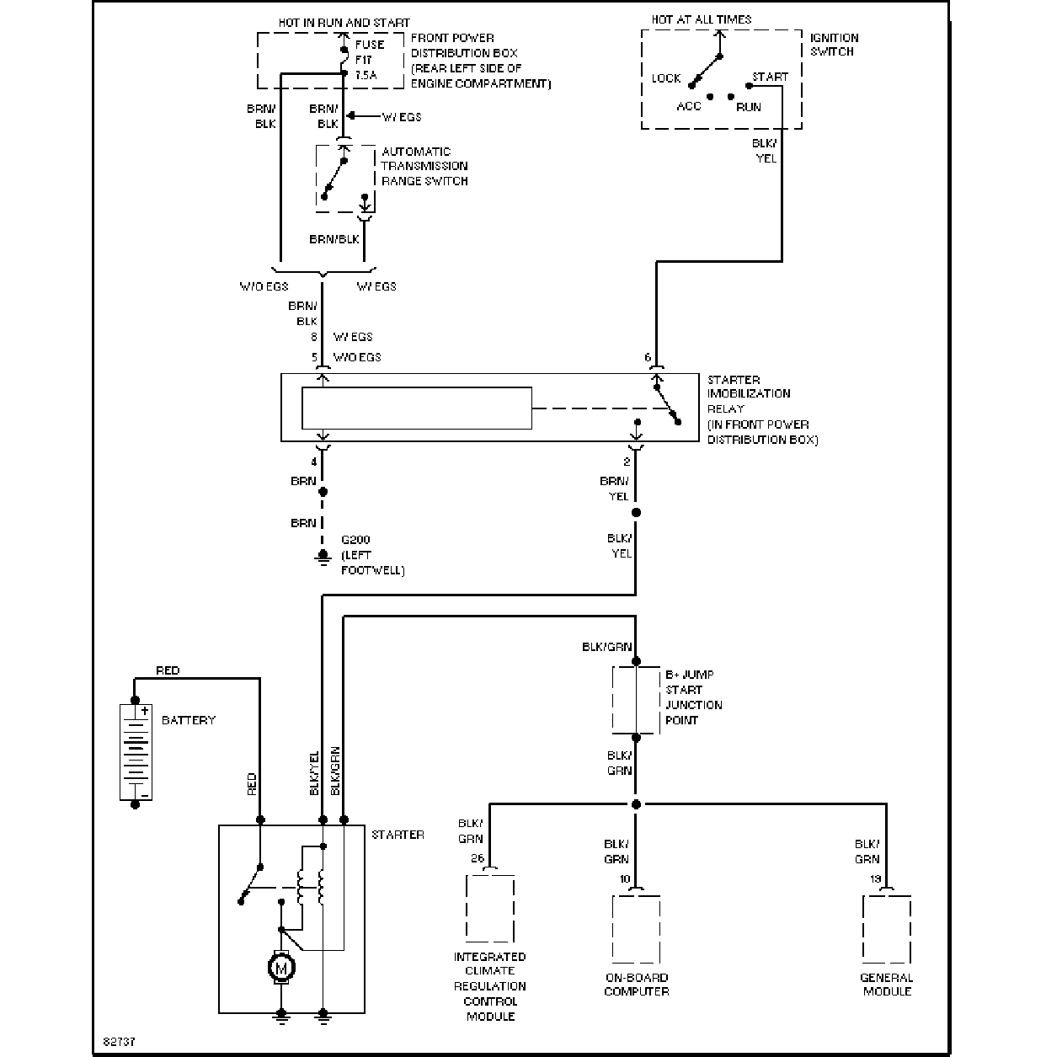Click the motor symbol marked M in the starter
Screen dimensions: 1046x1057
coord(281,968)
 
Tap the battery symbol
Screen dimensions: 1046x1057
coord(136,752)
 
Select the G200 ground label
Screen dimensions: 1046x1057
coord(355,540)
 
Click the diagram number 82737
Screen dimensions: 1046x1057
coord(119,1041)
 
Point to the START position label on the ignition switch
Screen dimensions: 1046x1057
coord(770,77)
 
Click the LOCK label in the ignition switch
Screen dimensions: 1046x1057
coord(666,78)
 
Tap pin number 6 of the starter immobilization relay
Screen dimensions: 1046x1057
coord(648,357)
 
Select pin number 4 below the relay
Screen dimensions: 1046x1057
coord(314,462)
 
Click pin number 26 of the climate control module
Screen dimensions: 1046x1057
coord(478,858)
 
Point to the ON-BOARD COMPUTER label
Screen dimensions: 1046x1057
coord(636,985)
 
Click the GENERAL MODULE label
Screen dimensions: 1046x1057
coord(886,985)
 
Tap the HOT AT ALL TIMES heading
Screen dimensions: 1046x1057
coord(701,19)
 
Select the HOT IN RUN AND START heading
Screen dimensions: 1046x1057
coord(344,23)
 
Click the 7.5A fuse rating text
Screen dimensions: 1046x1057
coord(366,75)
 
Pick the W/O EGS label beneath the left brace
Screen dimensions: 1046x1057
coord(264,286)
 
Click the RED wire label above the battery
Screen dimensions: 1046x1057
coord(168,670)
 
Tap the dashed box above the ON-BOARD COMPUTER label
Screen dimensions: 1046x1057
coord(636,929)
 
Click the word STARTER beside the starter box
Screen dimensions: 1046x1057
coord(398,835)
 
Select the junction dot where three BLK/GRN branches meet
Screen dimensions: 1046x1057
coord(636,804)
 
